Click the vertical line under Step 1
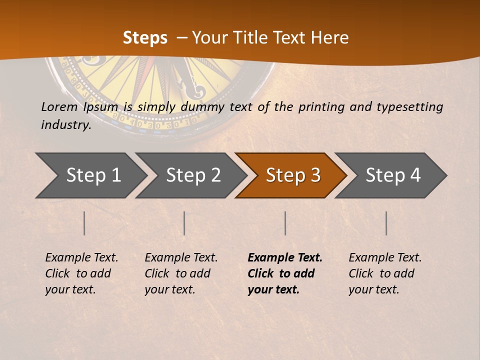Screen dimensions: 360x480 click(84, 223)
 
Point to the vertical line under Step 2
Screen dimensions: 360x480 click(184, 223)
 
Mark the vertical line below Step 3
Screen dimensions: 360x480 click(285, 223)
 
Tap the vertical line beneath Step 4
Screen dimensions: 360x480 click(386, 223)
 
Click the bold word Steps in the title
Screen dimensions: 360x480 click(145, 38)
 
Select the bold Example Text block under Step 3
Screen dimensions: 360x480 click(285, 273)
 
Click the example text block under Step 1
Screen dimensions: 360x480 click(81, 273)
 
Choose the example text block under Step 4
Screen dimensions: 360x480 click(385, 273)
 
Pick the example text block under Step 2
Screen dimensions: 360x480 click(181, 273)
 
